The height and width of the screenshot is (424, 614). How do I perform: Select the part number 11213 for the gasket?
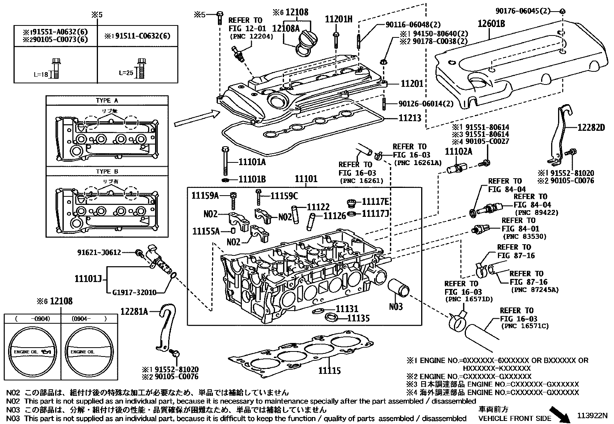(x=410, y=118)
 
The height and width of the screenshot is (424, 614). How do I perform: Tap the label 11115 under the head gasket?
(x=329, y=371)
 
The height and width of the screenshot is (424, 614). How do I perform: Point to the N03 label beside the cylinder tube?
(x=396, y=307)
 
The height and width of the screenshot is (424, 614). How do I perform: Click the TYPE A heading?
(x=107, y=100)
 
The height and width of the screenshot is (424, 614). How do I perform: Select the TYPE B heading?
(x=107, y=171)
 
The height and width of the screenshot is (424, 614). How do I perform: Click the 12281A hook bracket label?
(x=135, y=311)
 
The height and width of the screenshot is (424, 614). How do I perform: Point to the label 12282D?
(x=591, y=127)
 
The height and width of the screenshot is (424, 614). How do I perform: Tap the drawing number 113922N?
(x=592, y=416)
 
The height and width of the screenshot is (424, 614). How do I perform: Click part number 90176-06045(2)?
(x=523, y=10)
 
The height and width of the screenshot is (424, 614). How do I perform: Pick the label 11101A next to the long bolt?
(x=252, y=162)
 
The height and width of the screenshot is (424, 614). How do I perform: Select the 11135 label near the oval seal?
(x=358, y=318)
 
